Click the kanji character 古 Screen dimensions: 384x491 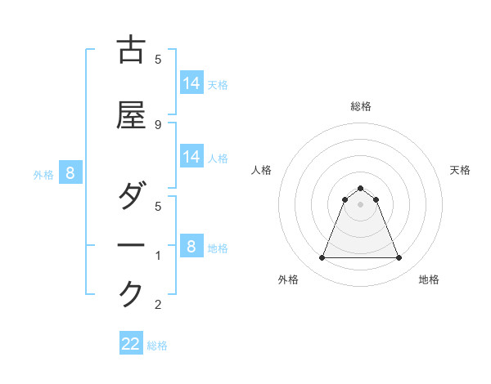click(131, 51)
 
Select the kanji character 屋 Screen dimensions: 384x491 click(131, 117)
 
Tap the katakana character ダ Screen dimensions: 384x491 click(131, 197)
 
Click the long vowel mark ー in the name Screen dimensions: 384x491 click(131, 245)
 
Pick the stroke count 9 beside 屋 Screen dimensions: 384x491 click(158, 124)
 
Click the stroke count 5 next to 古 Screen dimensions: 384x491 click(158, 59)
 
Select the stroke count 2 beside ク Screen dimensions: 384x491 click(158, 305)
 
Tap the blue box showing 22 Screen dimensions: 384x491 click(131, 344)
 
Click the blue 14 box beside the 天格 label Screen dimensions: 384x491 click(191, 83)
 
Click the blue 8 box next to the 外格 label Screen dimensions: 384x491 click(70, 172)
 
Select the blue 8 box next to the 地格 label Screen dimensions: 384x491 click(191, 246)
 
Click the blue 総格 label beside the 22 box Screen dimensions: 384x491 click(158, 346)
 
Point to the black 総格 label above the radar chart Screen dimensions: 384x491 click(360, 106)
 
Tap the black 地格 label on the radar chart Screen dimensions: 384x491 click(429, 279)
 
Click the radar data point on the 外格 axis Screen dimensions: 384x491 click(322, 258)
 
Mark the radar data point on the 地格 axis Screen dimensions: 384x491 click(399, 258)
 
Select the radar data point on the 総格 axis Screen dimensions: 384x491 click(360, 188)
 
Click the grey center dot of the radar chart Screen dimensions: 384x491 click(360, 204)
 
